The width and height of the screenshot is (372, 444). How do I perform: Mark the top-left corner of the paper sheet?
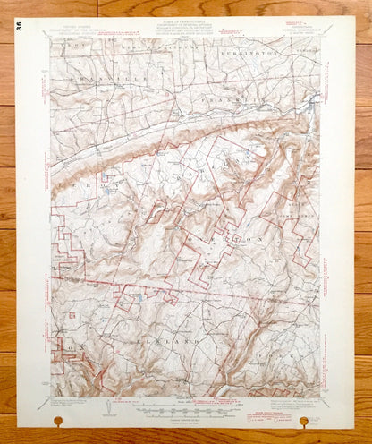pyautogui.click(x=18, y=18)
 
